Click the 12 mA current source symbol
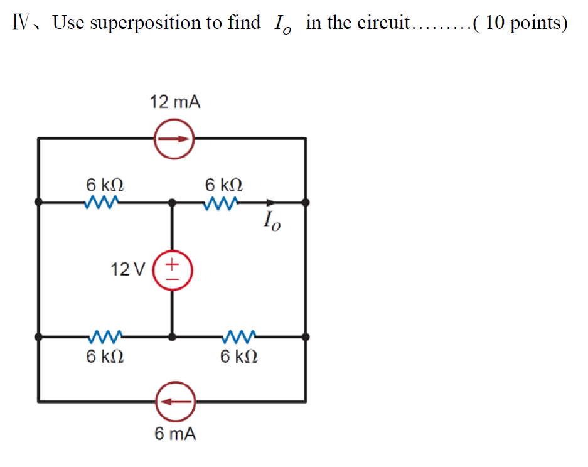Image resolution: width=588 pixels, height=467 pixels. coord(175,139)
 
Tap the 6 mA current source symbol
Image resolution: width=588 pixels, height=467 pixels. coord(175,400)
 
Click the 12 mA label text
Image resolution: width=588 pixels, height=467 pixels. coord(175,102)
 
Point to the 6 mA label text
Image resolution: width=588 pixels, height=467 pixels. coord(175,434)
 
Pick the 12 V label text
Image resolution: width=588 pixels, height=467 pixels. coord(127,271)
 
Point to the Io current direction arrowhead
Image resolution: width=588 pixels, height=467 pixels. coord(270,202)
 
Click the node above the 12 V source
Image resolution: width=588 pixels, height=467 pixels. coord(173,202)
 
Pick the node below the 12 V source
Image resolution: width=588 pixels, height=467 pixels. coord(173,336)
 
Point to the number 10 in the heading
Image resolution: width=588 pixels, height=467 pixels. coord(494,23)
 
